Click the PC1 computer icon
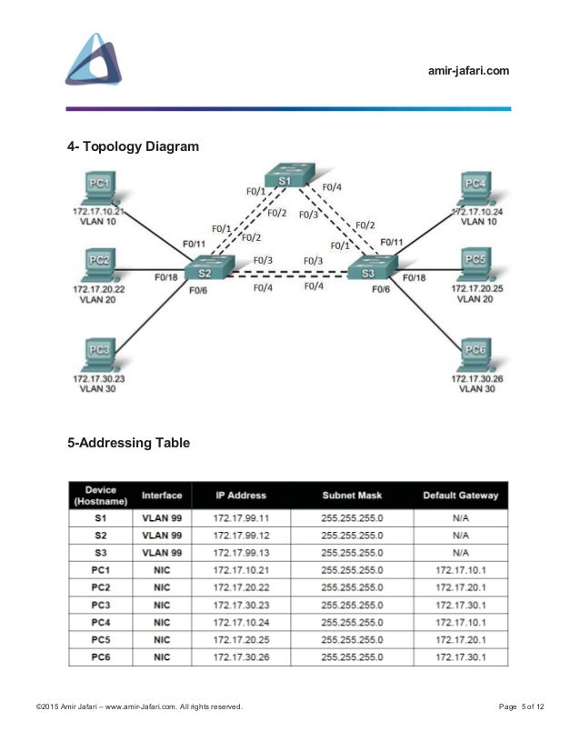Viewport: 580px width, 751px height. (x=101, y=189)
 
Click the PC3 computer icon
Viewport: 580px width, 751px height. (x=101, y=353)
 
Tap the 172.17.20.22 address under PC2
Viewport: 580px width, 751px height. (x=101, y=288)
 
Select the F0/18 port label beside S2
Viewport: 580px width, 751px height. (x=165, y=276)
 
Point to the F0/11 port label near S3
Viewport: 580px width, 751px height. (x=392, y=242)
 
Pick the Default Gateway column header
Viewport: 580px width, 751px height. (x=459, y=496)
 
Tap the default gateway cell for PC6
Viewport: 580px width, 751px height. (x=459, y=656)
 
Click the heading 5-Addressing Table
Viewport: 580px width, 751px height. (x=127, y=445)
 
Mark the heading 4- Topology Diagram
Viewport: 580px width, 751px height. (x=133, y=145)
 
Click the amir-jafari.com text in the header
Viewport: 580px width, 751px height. (x=468, y=72)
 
